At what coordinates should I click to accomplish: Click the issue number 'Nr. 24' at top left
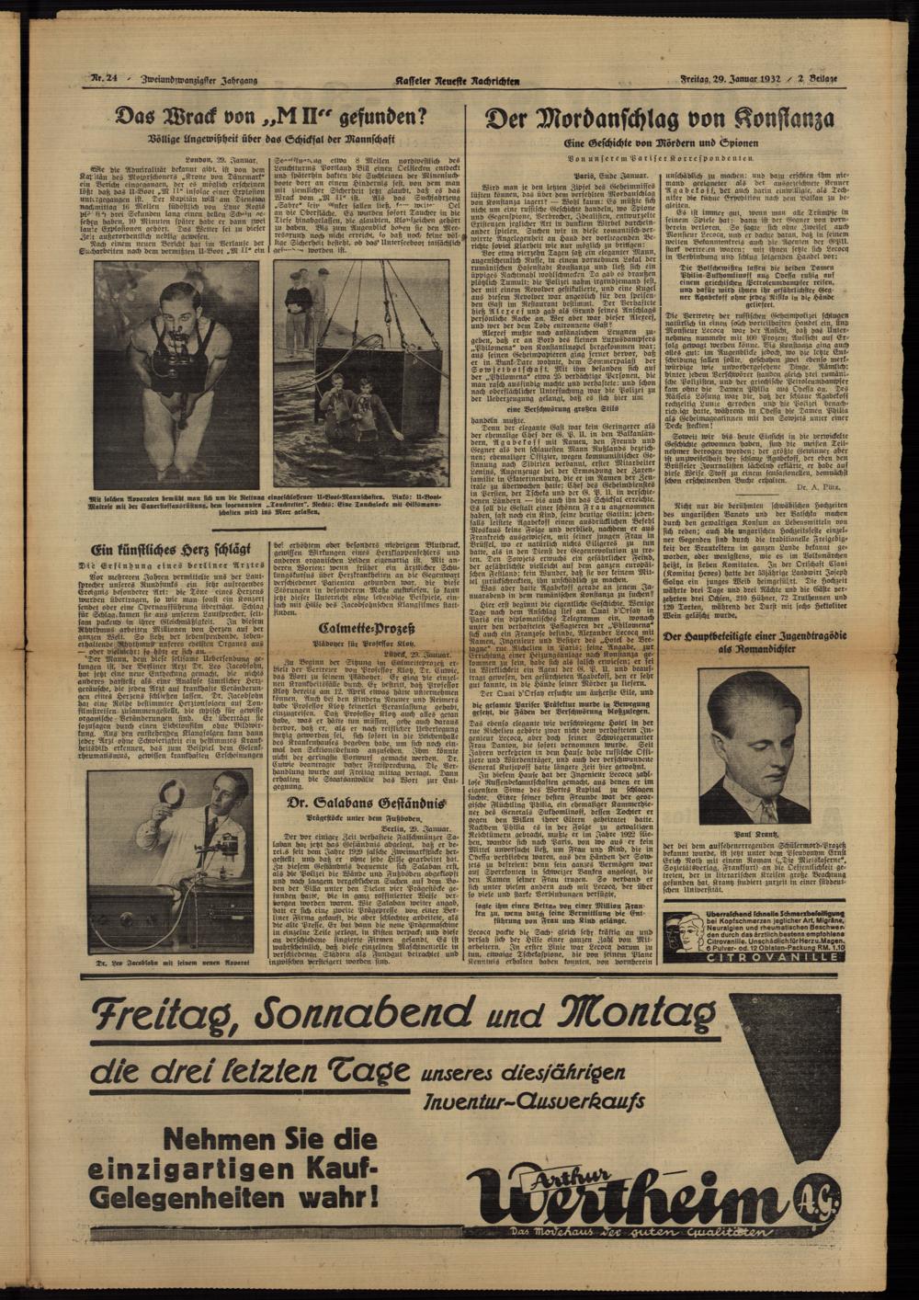pyautogui.click(x=103, y=80)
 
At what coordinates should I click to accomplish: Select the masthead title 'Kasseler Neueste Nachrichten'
pyautogui.click(x=457, y=81)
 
